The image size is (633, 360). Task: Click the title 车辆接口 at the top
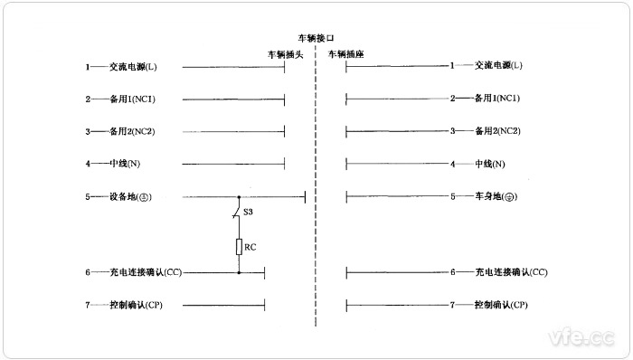pyautogui.click(x=316, y=39)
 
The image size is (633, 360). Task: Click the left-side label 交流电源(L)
pyautogui.click(x=134, y=66)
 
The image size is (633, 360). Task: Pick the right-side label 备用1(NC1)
pyautogui.click(x=498, y=99)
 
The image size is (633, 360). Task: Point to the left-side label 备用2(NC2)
pyautogui.click(x=134, y=131)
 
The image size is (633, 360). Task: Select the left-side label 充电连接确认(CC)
pyautogui.click(x=149, y=272)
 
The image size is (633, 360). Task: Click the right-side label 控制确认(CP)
pyautogui.click(x=500, y=305)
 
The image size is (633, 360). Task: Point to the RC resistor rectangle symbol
pyautogui.click(x=239, y=247)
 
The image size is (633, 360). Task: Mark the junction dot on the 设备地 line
pyautogui.click(x=239, y=196)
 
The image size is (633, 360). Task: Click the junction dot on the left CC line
pyautogui.click(x=239, y=272)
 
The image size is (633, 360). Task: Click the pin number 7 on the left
pyautogui.click(x=88, y=305)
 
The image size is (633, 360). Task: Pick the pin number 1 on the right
pyautogui.click(x=452, y=66)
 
